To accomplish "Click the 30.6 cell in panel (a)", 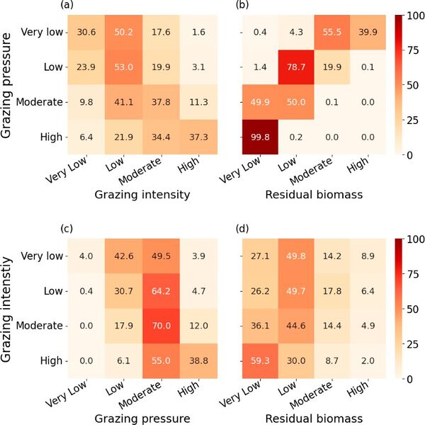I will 87,32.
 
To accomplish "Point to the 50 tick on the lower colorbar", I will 412,310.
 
